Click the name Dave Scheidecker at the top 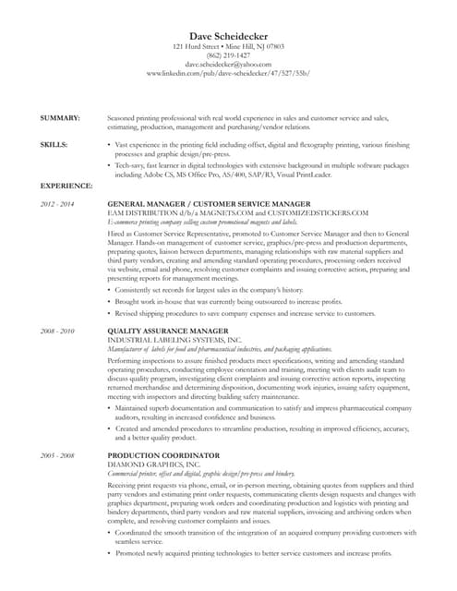pos(228,34)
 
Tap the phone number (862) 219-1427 pos(228,55)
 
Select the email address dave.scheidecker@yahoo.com pos(228,65)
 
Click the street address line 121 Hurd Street pos(228,46)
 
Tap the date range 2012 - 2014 pos(57,202)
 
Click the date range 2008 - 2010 pos(57,330)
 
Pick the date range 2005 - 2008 pos(57,456)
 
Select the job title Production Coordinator pos(163,456)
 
